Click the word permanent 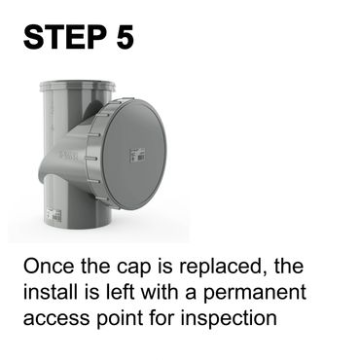(x=255, y=294)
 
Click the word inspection (x=229, y=319)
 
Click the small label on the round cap (x=137, y=155)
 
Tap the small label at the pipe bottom (x=54, y=216)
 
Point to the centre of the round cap (x=134, y=154)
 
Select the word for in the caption (x=162, y=318)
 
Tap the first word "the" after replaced (x=289, y=266)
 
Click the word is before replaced (x=165, y=266)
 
